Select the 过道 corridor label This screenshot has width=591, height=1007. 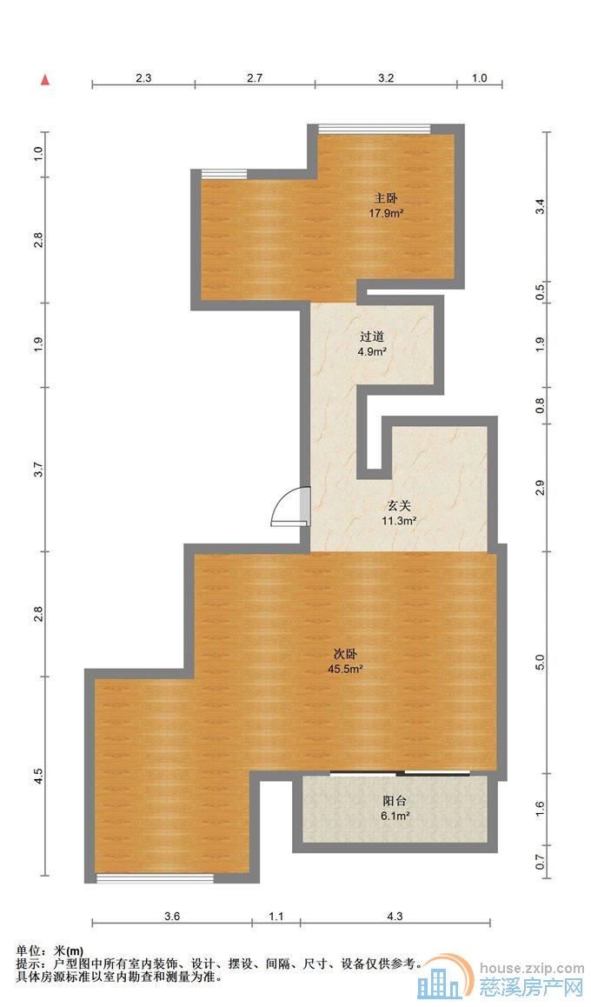[x=372, y=336]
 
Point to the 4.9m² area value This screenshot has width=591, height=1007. [x=372, y=351]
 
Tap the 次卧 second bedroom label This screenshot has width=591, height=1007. [x=345, y=654]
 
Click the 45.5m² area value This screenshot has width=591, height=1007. [x=345, y=669]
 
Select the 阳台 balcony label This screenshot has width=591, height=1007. [x=395, y=801]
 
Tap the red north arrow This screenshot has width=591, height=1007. [x=43, y=81]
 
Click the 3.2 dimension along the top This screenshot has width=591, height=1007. [x=386, y=77]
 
